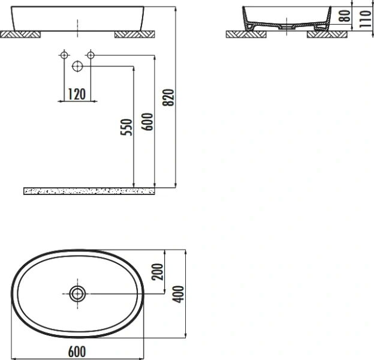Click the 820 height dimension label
click(x=168, y=97)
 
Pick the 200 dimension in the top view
click(x=158, y=273)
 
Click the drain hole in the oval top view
click(x=77, y=293)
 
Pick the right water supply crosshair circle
click(x=90, y=56)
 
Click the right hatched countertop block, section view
click(x=327, y=34)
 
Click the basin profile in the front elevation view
click(x=78, y=18)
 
